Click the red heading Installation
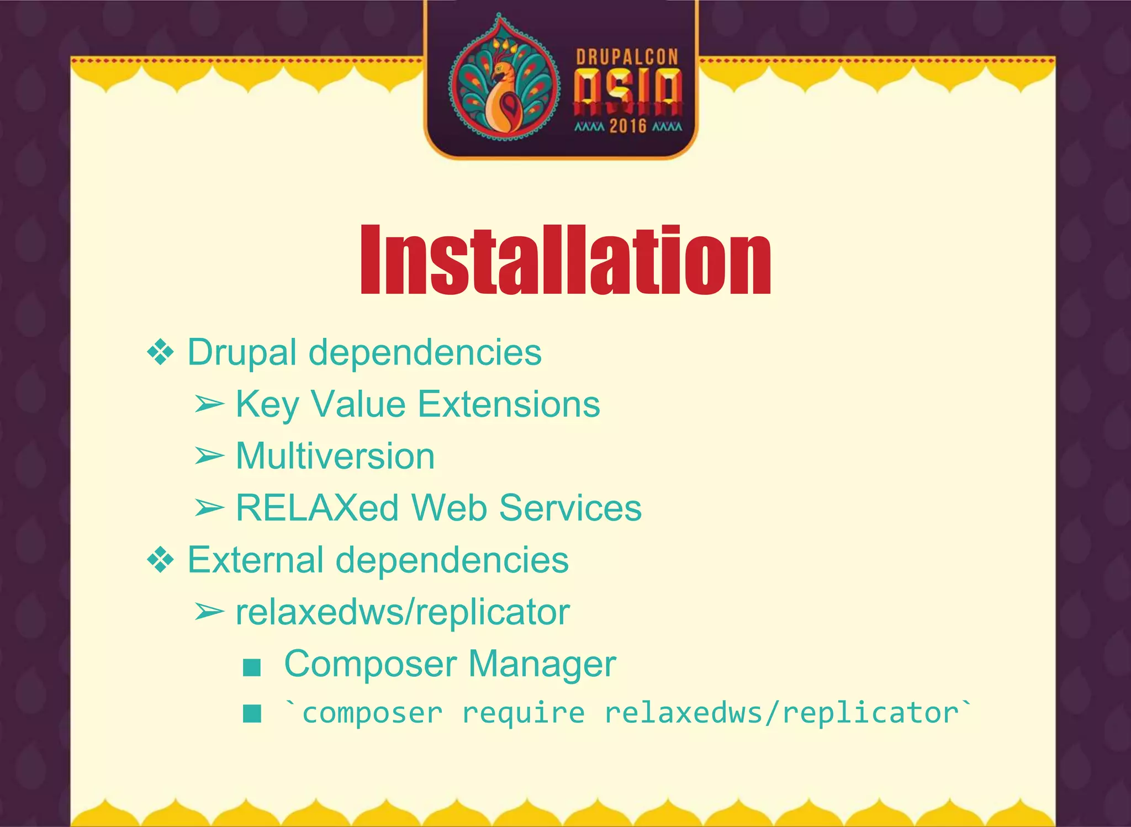tap(565, 261)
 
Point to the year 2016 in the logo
tap(628, 126)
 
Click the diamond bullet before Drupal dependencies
tap(161, 352)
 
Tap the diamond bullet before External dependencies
tap(161, 560)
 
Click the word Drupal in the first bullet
tap(242, 352)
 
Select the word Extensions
tap(509, 404)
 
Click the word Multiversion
tap(335, 456)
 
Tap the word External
tap(256, 560)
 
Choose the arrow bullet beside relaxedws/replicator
tap(209, 612)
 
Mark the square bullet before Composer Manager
tap(252, 667)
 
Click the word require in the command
tap(523, 713)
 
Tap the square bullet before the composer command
tap(252, 713)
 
